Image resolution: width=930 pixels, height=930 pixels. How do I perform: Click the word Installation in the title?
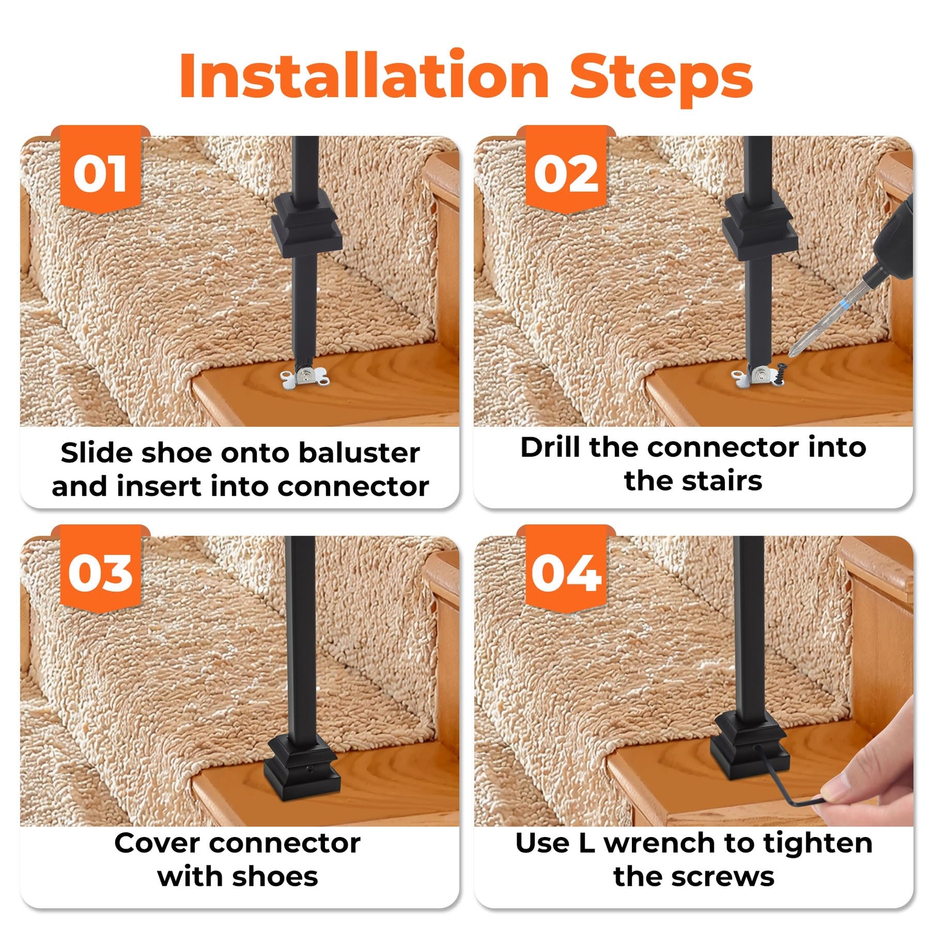coord(364,76)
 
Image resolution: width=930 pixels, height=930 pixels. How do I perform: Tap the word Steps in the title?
coord(661,79)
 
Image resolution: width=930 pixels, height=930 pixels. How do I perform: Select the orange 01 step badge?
coord(101,169)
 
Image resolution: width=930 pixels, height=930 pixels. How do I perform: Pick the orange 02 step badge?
coord(566,169)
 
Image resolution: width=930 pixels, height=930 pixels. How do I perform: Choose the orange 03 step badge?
coord(101,568)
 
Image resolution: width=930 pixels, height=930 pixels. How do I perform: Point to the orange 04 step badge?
coord(566,568)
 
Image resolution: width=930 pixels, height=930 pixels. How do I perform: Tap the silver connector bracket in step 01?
coord(304,378)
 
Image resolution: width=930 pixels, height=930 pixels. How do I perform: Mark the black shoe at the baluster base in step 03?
coord(302,767)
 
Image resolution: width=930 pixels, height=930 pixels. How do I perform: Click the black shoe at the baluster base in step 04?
coord(750,747)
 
